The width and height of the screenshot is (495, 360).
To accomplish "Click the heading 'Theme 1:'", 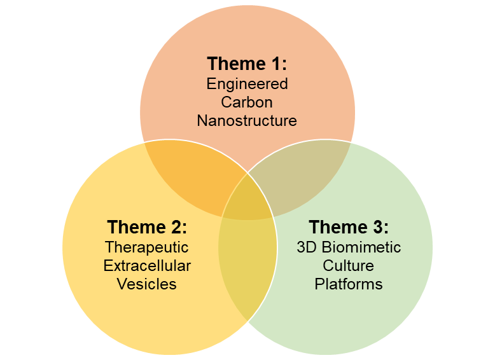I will click(x=247, y=64).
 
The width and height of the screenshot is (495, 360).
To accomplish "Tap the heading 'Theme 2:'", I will click(x=147, y=227).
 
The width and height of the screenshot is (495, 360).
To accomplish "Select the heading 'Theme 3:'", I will click(x=349, y=227).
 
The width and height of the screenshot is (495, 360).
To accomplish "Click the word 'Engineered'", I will click(x=247, y=84).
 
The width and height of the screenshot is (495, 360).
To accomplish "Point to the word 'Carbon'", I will click(x=247, y=102).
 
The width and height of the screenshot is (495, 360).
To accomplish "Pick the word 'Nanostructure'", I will click(x=247, y=120).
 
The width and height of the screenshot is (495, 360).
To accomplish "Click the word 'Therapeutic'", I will click(x=147, y=247).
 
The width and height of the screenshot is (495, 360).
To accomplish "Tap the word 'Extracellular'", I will click(x=147, y=265).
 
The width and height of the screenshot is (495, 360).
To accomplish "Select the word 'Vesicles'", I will click(x=147, y=284).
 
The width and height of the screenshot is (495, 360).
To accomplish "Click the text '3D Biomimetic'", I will click(x=349, y=247).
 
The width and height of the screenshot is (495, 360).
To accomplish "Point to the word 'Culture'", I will click(x=349, y=265).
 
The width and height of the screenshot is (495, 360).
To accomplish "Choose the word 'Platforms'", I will click(x=349, y=284).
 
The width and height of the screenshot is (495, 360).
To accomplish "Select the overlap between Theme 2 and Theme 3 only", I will click(x=247, y=267).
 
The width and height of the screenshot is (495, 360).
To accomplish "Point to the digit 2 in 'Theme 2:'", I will click(x=176, y=227).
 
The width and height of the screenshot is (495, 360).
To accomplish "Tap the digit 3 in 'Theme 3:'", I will click(x=377, y=227).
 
